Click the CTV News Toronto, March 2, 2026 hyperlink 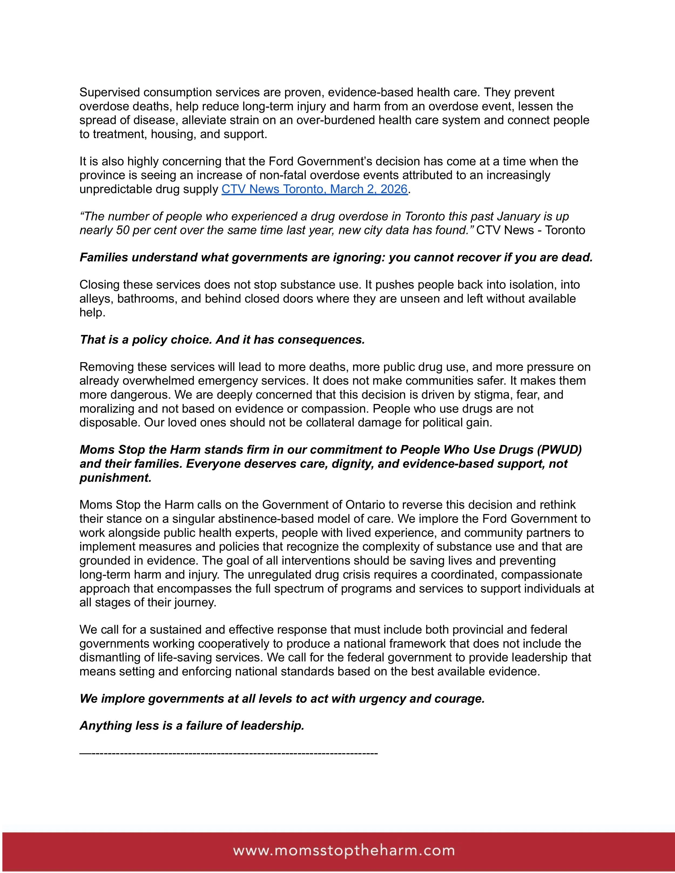pos(314,189)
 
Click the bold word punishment pos(116,478)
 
